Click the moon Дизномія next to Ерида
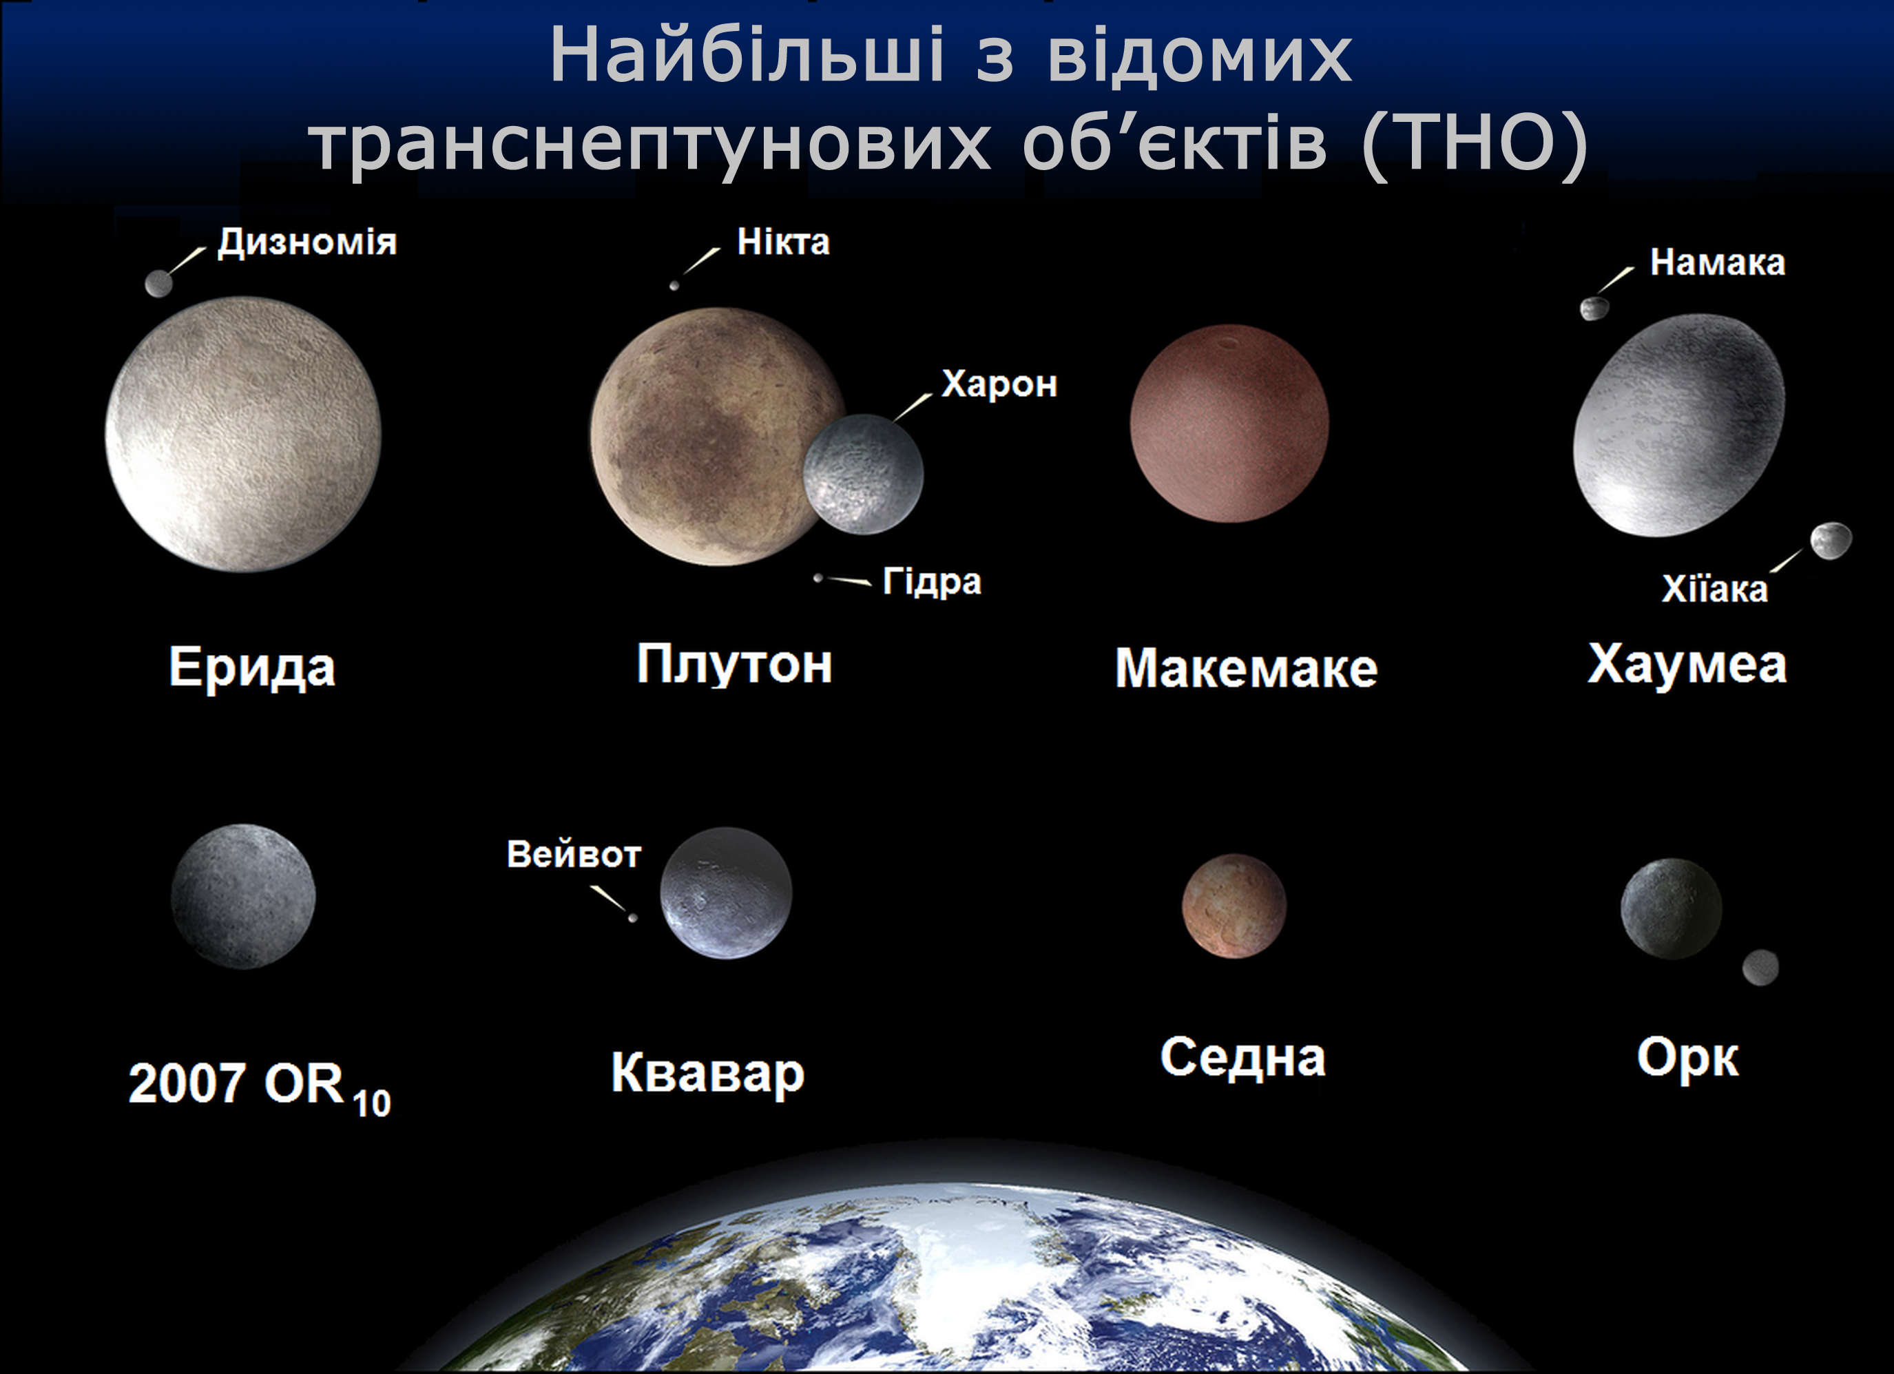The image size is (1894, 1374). [x=158, y=284]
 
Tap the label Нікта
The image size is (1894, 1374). [x=783, y=242]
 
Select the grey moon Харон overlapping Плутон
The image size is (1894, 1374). [x=864, y=474]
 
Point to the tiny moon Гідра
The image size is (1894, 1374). [x=818, y=578]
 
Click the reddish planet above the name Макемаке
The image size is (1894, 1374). [x=1229, y=424]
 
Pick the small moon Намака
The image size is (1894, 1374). [x=1594, y=309]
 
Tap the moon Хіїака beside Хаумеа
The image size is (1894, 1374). [x=1831, y=541]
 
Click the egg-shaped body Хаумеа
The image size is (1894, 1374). [x=1679, y=425]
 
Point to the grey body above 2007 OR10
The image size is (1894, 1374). [x=243, y=896]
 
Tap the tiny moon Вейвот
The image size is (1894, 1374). [x=633, y=918]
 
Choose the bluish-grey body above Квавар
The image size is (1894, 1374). [x=726, y=893]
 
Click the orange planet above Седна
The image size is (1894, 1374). [x=1234, y=906]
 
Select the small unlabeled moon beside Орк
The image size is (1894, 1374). [x=1760, y=967]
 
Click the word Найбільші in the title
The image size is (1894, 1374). [x=747, y=56]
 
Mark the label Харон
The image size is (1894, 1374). [x=999, y=384]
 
